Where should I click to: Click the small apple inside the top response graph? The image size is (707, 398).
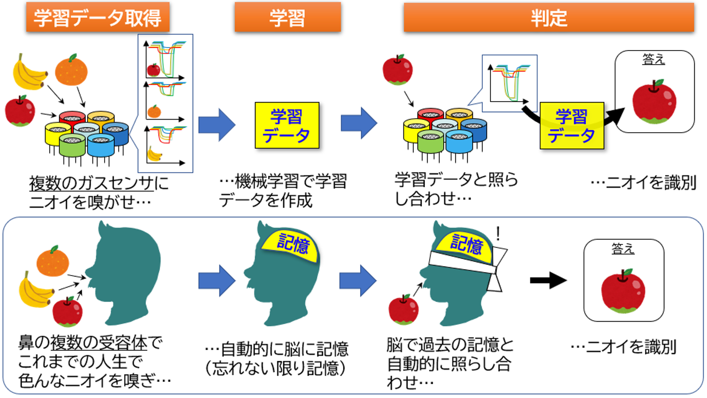click(153, 69)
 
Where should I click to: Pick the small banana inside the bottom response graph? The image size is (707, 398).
click(155, 154)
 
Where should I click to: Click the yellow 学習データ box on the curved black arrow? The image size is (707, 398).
click(571, 125)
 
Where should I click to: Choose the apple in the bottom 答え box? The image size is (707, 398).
click(623, 292)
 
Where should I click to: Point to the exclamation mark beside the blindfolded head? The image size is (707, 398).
click(498, 235)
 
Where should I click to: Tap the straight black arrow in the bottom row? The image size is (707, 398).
click(548, 280)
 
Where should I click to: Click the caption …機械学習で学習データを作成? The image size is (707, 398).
click(283, 191)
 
